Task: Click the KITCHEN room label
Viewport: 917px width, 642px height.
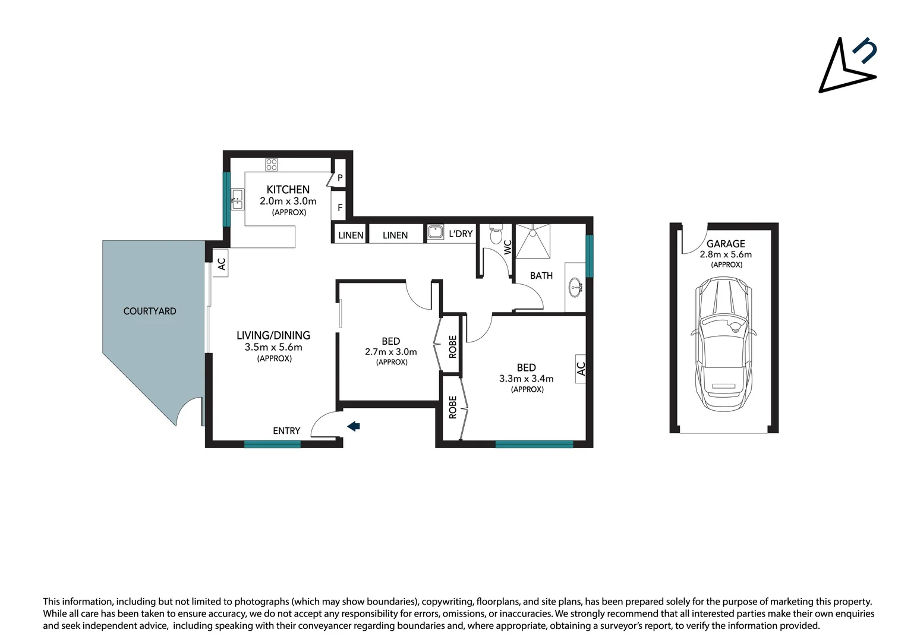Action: pyautogui.click(x=288, y=190)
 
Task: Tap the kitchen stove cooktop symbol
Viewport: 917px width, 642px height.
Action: pyautogui.click(x=272, y=165)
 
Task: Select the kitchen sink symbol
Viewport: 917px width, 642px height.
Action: pyautogui.click(x=237, y=200)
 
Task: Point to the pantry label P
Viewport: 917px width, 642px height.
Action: pyautogui.click(x=340, y=178)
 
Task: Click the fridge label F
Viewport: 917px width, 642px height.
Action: pyautogui.click(x=340, y=208)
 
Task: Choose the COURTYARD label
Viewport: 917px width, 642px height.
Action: pyautogui.click(x=150, y=311)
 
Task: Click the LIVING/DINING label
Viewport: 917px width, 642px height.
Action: pyautogui.click(x=273, y=335)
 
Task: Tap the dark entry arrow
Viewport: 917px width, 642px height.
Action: pyautogui.click(x=354, y=426)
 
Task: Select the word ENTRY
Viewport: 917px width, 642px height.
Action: pyautogui.click(x=286, y=431)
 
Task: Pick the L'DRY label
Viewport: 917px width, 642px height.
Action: pyautogui.click(x=461, y=234)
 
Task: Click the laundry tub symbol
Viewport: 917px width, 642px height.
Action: pyautogui.click(x=436, y=232)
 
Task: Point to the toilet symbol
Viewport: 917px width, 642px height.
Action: pyautogui.click(x=496, y=234)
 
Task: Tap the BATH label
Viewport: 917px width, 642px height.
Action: pyautogui.click(x=541, y=276)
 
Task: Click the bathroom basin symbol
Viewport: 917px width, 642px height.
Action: pyautogui.click(x=576, y=288)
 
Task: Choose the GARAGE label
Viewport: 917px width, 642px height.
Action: pyautogui.click(x=726, y=244)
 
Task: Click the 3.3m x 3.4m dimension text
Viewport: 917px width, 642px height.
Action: pyautogui.click(x=527, y=379)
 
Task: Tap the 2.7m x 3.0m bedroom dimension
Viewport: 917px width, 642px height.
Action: pyautogui.click(x=391, y=352)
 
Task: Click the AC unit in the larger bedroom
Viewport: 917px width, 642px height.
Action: pyautogui.click(x=581, y=369)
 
